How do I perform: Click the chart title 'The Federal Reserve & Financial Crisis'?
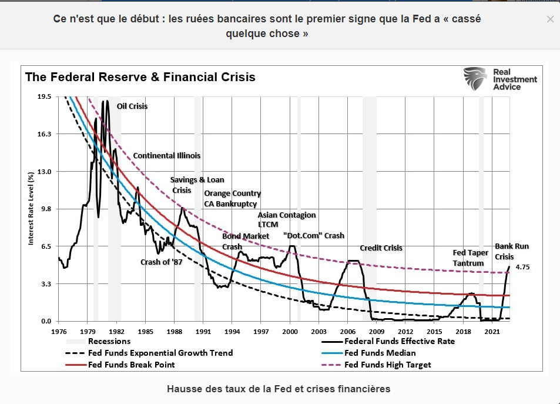(140, 77)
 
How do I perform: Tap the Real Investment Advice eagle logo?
(475, 78)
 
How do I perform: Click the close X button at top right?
(550, 19)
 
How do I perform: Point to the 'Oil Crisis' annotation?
(132, 106)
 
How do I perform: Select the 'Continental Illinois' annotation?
(166, 156)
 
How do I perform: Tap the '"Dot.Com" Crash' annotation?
(313, 235)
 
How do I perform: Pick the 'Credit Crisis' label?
(381, 248)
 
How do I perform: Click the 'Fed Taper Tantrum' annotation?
(471, 258)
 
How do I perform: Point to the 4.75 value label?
(523, 267)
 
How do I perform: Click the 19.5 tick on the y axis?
(44, 96)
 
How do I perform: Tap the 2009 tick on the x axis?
(376, 332)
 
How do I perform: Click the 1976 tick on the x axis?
(59, 332)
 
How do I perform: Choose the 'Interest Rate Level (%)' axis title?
(31, 209)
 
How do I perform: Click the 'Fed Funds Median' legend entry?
(380, 353)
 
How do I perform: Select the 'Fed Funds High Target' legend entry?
(387, 365)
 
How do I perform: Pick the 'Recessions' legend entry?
(109, 341)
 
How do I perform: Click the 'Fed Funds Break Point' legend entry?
(131, 365)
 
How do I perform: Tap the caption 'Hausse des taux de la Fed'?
(279, 389)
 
